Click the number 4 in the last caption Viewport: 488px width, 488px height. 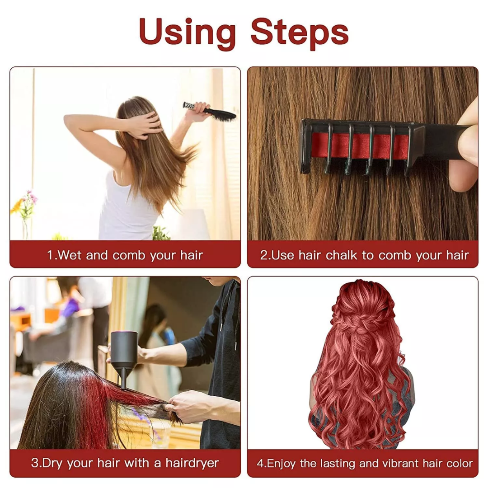point(260,463)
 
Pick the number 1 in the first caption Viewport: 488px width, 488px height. point(50,255)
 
